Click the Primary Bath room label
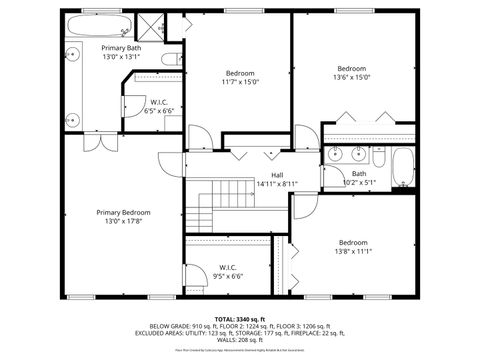(120, 48)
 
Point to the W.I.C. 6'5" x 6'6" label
(159, 106)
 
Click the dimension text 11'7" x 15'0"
(239, 83)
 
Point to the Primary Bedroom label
(123, 212)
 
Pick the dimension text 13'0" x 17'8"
(123, 221)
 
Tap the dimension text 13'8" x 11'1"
(352, 252)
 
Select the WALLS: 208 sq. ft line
(240, 342)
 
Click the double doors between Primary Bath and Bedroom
(98, 141)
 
